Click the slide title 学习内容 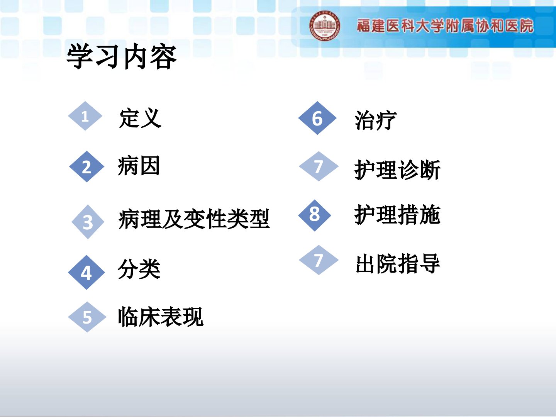(122, 56)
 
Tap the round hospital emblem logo (324, 25)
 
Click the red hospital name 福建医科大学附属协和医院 (445, 25)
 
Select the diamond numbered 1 (85, 116)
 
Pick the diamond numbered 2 (86, 166)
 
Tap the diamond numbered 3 (88, 222)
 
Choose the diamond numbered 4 (86, 273)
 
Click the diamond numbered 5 (87, 317)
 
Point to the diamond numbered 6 (317, 118)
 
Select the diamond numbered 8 (315, 215)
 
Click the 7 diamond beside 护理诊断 (319, 166)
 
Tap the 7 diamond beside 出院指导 (319, 260)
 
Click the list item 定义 (140, 118)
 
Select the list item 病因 (139, 165)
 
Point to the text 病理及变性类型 (194, 219)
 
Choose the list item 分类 (139, 269)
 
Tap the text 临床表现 (161, 317)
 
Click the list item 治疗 (376, 120)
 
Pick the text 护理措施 (397, 215)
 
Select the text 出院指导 (398, 264)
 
